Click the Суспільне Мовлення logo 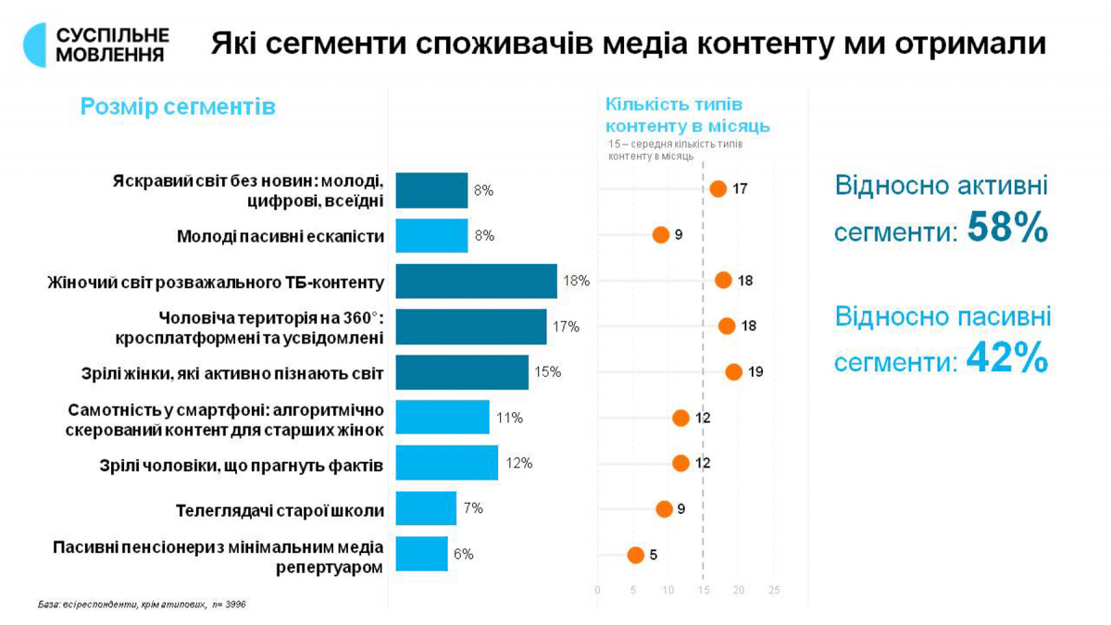pyautogui.click(x=96, y=45)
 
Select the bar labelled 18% pyautogui.click(x=476, y=281)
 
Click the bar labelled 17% pyautogui.click(x=471, y=327)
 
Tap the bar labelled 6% pyautogui.click(x=421, y=554)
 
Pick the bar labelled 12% pyautogui.click(x=446, y=463)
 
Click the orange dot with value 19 pyautogui.click(x=733, y=372)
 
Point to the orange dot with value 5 pyautogui.click(x=635, y=556)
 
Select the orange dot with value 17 pyautogui.click(x=718, y=189)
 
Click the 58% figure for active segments pyautogui.click(x=1007, y=228)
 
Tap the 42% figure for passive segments pyautogui.click(x=1007, y=358)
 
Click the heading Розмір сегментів pyautogui.click(x=178, y=106)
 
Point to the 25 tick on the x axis pyautogui.click(x=774, y=590)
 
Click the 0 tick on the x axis pyautogui.click(x=597, y=590)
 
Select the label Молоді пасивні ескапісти pyautogui.click(x=281, y=236)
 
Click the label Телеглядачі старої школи pyautogui.click(x=280, y=510)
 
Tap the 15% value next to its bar pyautogui.click(x=547, y=372)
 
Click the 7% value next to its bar pyautogui.click(x=473, y=508)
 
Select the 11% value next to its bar pyautogui.click(x=509, y=418)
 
